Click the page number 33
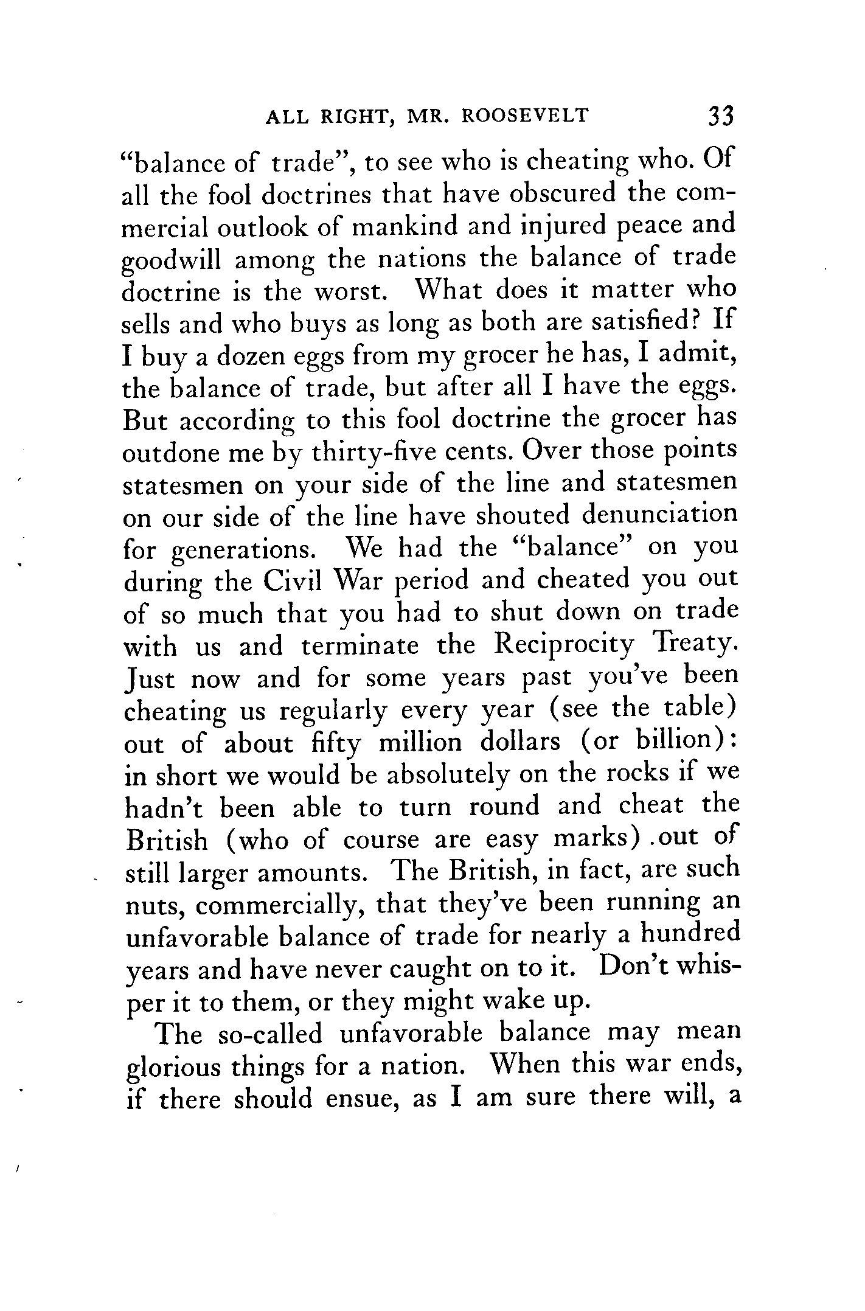pos(721,115)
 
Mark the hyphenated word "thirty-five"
pos(375,453)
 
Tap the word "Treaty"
pos(693,646)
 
